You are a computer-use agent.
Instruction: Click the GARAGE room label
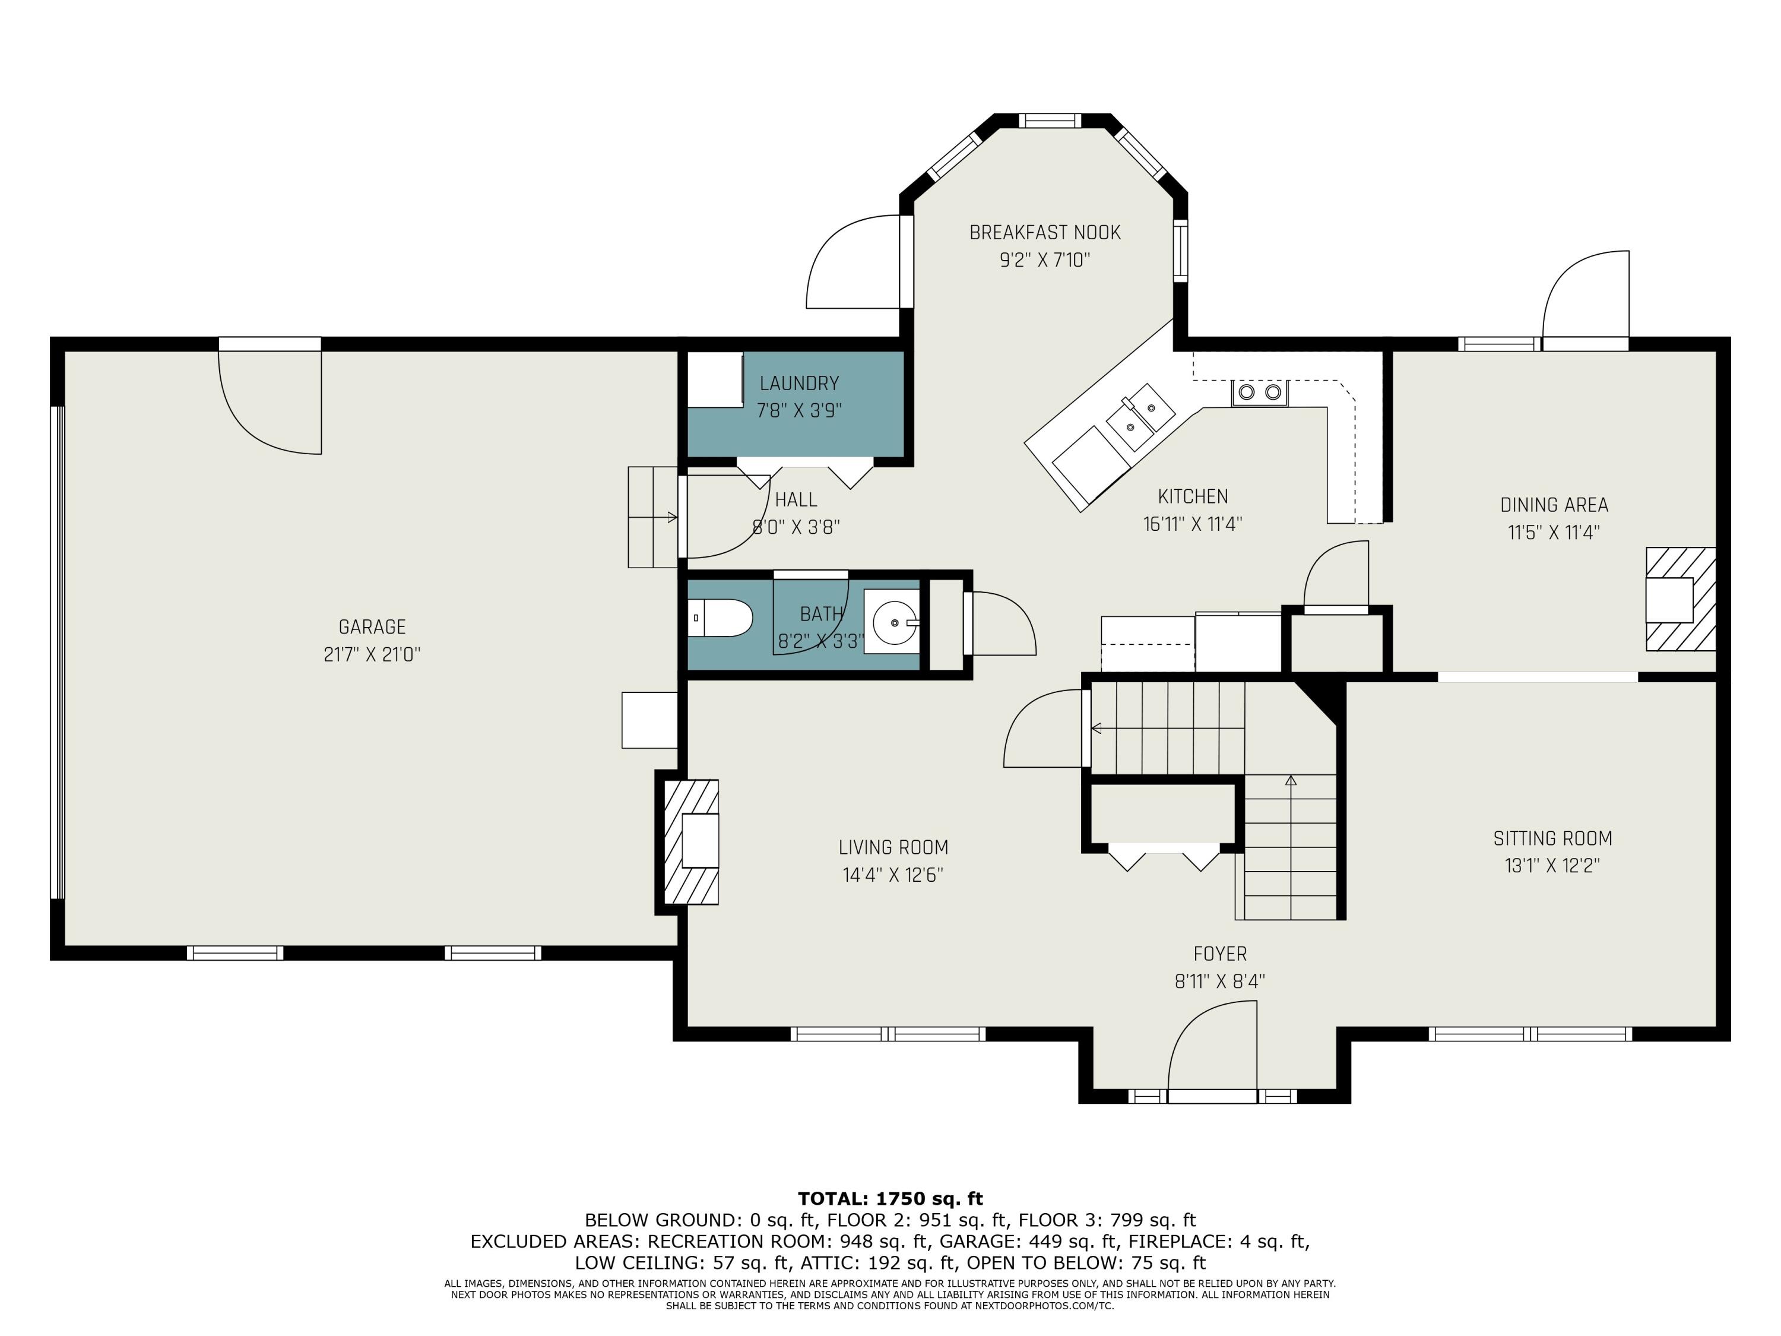[372, 626]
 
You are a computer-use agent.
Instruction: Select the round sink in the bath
[895, 622]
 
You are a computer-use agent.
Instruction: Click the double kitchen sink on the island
[1140, 416]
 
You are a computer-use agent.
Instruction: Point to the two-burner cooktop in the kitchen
[1259, 392]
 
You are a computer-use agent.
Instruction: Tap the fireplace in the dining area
[1680, 599]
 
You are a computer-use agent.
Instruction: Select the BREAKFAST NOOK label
[1045, 233]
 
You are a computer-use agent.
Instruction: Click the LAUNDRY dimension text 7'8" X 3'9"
[798, 411]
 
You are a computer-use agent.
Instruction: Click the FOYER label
[1220, 954]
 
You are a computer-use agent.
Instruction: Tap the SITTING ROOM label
[1552, 838]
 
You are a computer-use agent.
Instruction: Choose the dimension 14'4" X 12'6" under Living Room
[893, 875]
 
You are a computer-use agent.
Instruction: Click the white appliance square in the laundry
[715, 380]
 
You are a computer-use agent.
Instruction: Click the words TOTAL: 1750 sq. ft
[890, 1198]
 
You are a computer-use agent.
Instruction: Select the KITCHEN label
[1193, 497]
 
